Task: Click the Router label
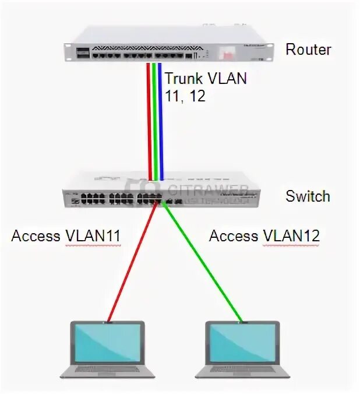pyautogui.click(x=308, y=50)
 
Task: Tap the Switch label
pyautogui.click(x=308, y=196)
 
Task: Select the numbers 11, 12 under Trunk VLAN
pyautogui.click(x=185, y=96)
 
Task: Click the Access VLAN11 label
pyautogui.click(x=66, y=236)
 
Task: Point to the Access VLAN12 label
pyautogui.click(x=264, y=236)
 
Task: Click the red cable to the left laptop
pyautogui.click(x=131, y=262)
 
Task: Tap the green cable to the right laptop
pyautogui.click(x=204, y=262)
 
